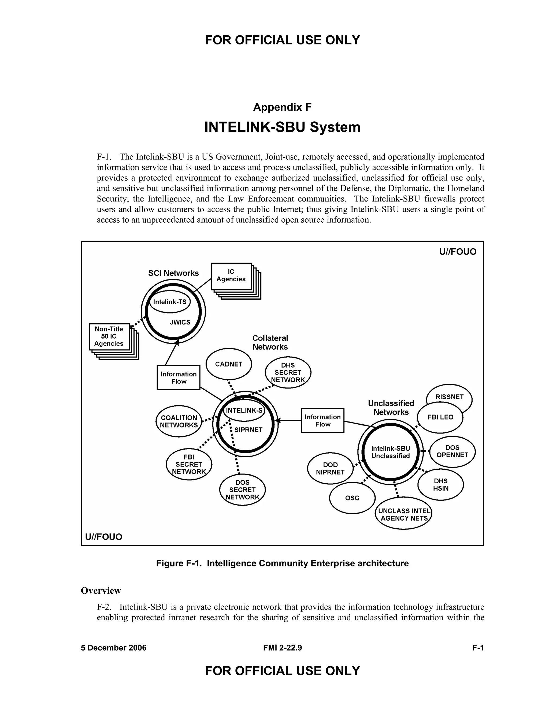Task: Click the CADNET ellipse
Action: click(x=229, y=364)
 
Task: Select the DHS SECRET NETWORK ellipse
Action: click(x=288, y=373)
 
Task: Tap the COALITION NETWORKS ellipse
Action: click(x=179, y=421)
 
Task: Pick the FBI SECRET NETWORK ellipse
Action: click(x=189, y=464)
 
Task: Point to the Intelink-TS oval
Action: click(x=169, y=302)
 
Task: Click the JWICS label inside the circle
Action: click(x=180, y=322)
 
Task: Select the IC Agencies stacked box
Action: click(x=231, y=276)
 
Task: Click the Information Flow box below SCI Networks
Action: click(x=178, y=378)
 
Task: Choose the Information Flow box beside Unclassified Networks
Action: click(x=322, y=420)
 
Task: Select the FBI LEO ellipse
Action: click(x=440, y=417)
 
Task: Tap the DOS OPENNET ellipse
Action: click(x=452, y=451)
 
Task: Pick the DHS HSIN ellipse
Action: click(x=441, y=485)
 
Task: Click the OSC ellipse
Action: click(x=352, y=498)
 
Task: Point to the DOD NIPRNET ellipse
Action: click(x=330, y=468)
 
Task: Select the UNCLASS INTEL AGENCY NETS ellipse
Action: click(x=404, y=515)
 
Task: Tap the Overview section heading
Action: click(x=101, y=591)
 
